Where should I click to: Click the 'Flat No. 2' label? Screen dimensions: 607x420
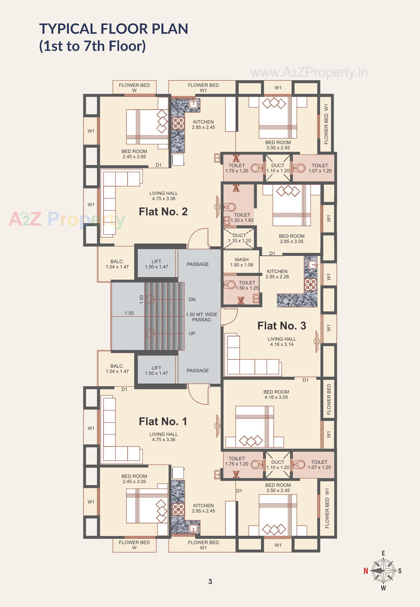[163, 212]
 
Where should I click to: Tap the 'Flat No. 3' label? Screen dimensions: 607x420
[282, 326]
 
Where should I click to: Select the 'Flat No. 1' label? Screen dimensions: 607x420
[163, 421]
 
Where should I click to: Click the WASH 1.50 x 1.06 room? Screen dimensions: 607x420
[241, 262]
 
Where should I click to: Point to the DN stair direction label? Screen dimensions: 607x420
[192, 300]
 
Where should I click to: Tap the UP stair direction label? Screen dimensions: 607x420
[192, 333]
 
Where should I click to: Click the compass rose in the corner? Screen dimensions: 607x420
[383, 571]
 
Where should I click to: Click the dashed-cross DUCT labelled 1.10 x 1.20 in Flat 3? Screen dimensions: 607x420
[239, 238]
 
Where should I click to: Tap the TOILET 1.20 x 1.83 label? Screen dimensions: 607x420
[242, 218]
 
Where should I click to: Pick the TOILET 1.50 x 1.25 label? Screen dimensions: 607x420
[247, 285]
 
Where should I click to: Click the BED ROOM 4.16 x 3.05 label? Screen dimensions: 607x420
[276, 394]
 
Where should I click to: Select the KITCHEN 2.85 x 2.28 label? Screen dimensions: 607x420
[277, 274]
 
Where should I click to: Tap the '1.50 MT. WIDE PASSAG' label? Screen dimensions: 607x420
[201, 317]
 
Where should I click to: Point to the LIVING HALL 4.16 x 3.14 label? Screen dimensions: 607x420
[282, 342]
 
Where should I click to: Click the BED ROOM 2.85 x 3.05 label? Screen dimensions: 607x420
[292, 239]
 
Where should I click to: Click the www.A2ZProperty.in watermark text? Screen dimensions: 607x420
[309, 73]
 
